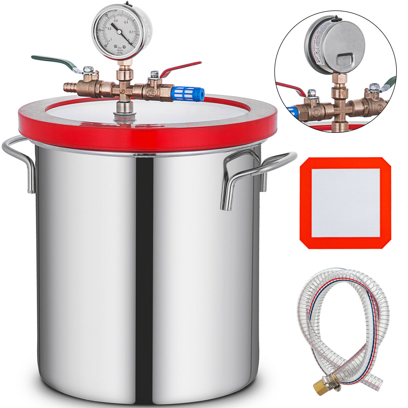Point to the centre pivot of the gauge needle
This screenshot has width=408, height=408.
pos(119,31)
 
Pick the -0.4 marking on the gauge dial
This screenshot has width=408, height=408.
pos(126,22)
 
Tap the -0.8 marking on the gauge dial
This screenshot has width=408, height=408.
pos(109,29)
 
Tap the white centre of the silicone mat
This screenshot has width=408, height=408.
pos(346,203)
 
